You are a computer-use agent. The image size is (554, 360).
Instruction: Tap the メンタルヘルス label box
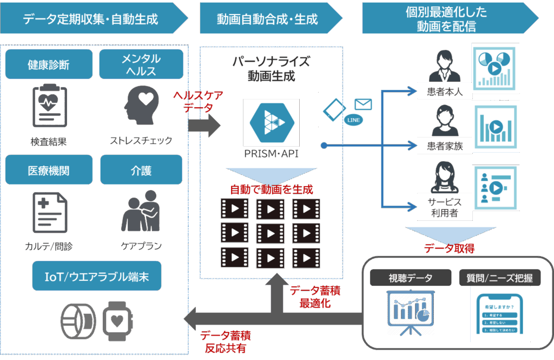click(x=141, y=65)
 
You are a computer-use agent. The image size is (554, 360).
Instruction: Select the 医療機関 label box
click(x=48, y=171)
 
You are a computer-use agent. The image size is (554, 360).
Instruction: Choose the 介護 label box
click(x=141, y=171)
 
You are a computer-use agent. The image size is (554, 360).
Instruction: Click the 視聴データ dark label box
click(x=411, y=278)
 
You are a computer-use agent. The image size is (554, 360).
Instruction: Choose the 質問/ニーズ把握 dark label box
click(x=499, y=278)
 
